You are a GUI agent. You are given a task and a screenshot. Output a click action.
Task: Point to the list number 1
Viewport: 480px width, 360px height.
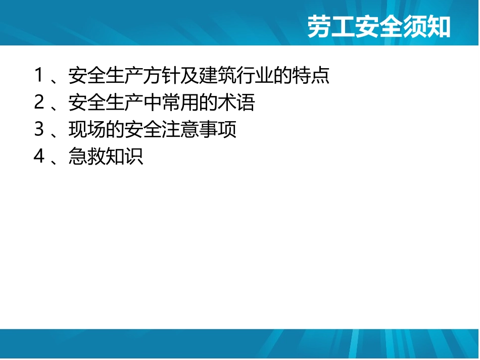click(x=40, y=76)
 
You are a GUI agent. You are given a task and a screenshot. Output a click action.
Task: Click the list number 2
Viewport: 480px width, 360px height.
click(x=40, y=103)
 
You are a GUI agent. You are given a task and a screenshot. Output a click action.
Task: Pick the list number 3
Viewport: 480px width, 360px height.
click(x=40, y=130)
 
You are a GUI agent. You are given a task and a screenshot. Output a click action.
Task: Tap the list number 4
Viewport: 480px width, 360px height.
click(x=40, y=157)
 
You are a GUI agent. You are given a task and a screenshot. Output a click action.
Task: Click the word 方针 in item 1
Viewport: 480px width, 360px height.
click(x=162, y=76)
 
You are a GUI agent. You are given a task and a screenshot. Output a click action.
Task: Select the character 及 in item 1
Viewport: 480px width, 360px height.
click(x=190, y=76)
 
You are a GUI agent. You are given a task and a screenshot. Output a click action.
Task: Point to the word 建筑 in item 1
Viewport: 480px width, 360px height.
click(x=218, y=76)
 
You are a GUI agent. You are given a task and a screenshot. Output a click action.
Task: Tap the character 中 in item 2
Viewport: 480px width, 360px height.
click(x=153, y=103)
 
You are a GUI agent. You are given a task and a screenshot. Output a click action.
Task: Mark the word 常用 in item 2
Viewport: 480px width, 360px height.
click(x=180, y=103)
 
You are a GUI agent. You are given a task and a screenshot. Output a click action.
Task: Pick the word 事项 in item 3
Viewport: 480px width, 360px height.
click(x=218, y=130)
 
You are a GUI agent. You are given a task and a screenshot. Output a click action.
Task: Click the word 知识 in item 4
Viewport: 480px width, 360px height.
click(x=124, y=157)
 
